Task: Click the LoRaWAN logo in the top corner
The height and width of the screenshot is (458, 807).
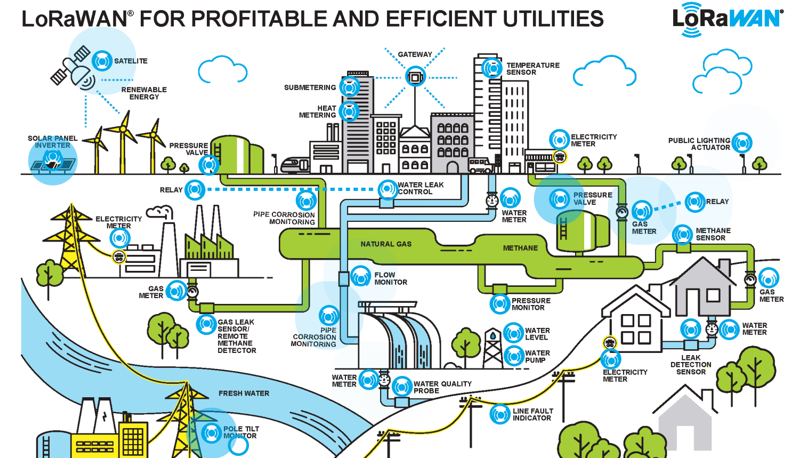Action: click(x=728, y=20)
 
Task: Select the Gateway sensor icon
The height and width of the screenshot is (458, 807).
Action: click(x=415, y=77)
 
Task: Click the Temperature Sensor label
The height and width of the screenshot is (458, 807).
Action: click(x=532, y=69)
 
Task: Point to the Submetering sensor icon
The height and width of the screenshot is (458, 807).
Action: click(x=350, y=87)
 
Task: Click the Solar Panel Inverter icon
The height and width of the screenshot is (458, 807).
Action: click(x=52, y=158)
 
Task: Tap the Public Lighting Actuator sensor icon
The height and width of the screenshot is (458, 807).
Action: click(x=741, y=143)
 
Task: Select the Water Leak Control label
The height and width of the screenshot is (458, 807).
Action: click(x=421, y=188)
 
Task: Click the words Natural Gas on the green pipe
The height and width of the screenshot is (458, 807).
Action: click(x=386, y=244)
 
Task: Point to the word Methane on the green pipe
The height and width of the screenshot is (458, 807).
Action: click(x=520, y=248)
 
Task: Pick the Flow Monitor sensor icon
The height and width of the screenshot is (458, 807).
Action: click(x=360, y=277)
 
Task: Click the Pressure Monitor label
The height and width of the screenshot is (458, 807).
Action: click(x=531, y=304)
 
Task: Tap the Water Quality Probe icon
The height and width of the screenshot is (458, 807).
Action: click(x=402, y=387)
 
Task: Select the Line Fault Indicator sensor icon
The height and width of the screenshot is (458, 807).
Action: click(x=500, y=414)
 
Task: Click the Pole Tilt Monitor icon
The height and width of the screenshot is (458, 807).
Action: click(x=211, y=432)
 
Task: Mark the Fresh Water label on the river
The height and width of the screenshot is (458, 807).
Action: click(x=244, y=393)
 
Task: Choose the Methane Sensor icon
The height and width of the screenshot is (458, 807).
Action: click(x=682, y=234)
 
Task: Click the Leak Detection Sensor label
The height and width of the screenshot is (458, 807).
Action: click(x=691, y=365)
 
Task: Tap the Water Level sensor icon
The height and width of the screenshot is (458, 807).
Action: click(x=513, y=333)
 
